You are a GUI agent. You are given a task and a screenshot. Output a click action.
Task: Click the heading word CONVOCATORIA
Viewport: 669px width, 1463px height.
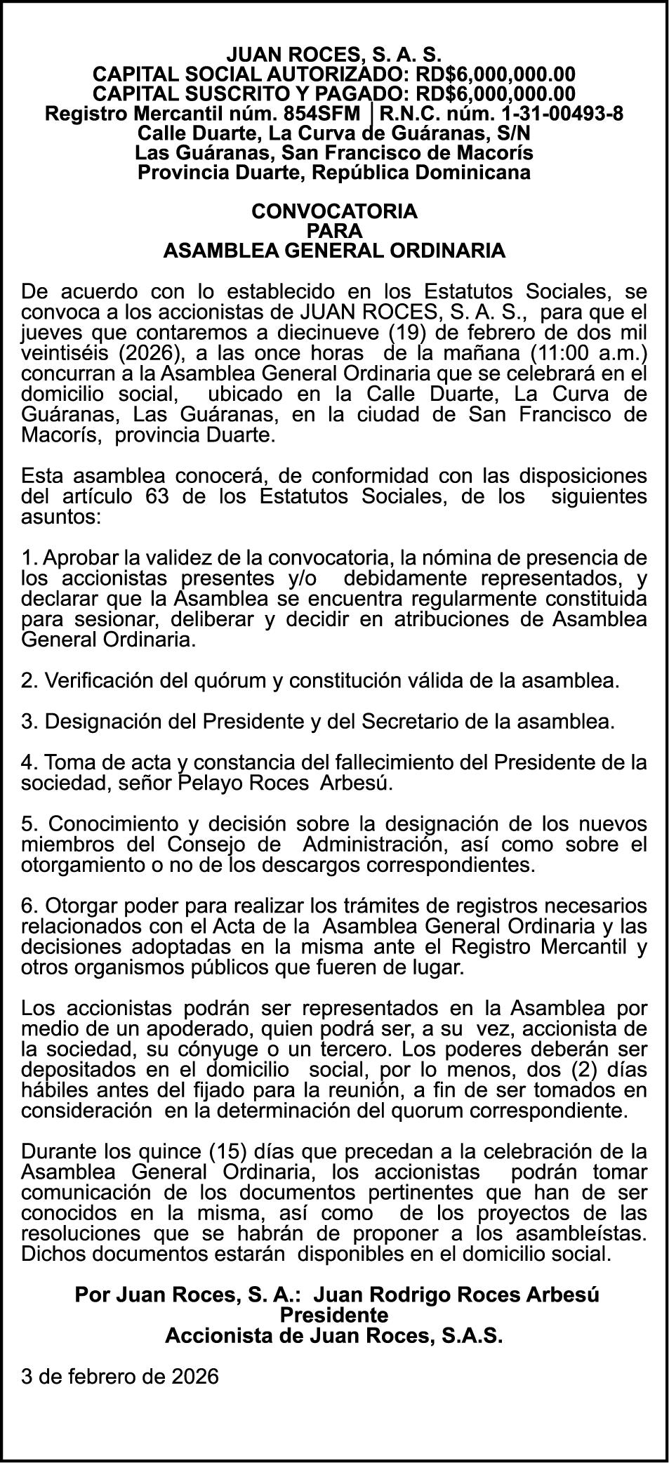(334, 211)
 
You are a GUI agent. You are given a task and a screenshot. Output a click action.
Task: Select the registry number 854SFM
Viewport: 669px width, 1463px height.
(327, 113)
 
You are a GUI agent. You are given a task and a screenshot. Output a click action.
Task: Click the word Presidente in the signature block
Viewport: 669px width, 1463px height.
(334, 1313)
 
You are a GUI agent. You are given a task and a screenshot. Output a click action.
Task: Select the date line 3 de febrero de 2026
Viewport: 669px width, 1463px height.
(120, 1376)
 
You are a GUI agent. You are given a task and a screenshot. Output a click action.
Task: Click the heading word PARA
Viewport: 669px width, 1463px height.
(334, 231)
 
